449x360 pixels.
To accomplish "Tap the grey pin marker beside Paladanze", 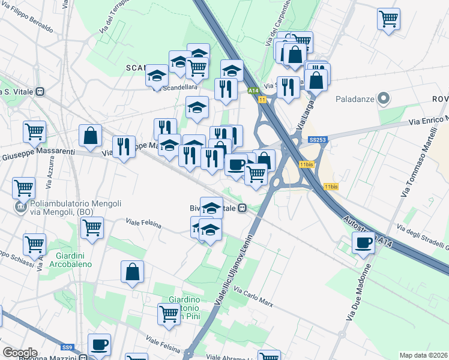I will point(385,98).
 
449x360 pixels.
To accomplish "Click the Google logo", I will point(20,353).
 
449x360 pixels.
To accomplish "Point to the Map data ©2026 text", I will point(424,355).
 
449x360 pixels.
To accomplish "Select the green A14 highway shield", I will point(253,91).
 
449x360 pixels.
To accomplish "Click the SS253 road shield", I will point(317,139).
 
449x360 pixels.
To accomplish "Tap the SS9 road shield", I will point(67,347).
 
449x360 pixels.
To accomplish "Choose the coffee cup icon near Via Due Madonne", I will point(363,242).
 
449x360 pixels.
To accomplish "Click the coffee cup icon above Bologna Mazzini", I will point(99,344).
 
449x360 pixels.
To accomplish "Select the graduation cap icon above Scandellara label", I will point(157,75).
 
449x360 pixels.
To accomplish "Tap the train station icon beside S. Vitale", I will point(40,92).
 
